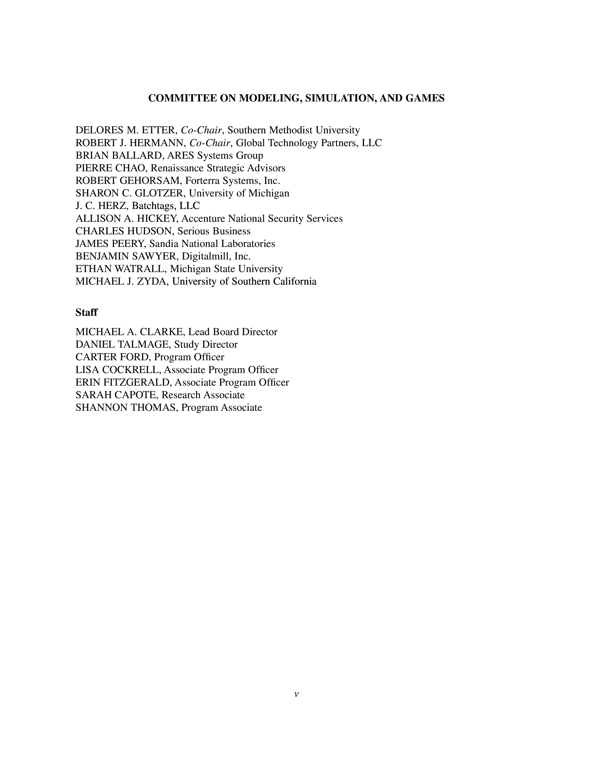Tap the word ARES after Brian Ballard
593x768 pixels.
pos(180,155)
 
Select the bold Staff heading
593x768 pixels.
pos(87,312)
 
